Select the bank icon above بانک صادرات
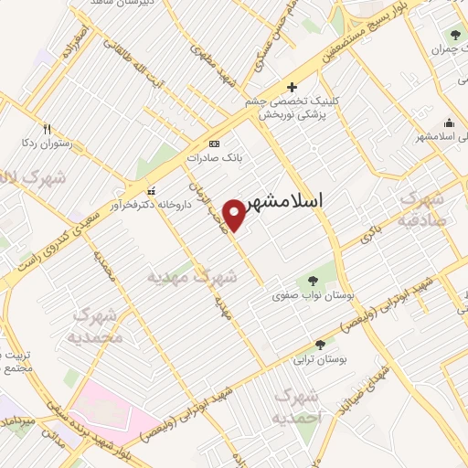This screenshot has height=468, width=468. coord(214,144)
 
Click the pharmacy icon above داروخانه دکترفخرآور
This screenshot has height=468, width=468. coord(151,191)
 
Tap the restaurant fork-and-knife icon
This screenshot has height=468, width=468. coord(47,130)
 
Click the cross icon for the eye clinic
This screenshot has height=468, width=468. coord(292,88)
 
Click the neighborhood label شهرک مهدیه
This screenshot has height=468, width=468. coord(193,274)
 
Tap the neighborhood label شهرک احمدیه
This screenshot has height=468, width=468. coord(297,407)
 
